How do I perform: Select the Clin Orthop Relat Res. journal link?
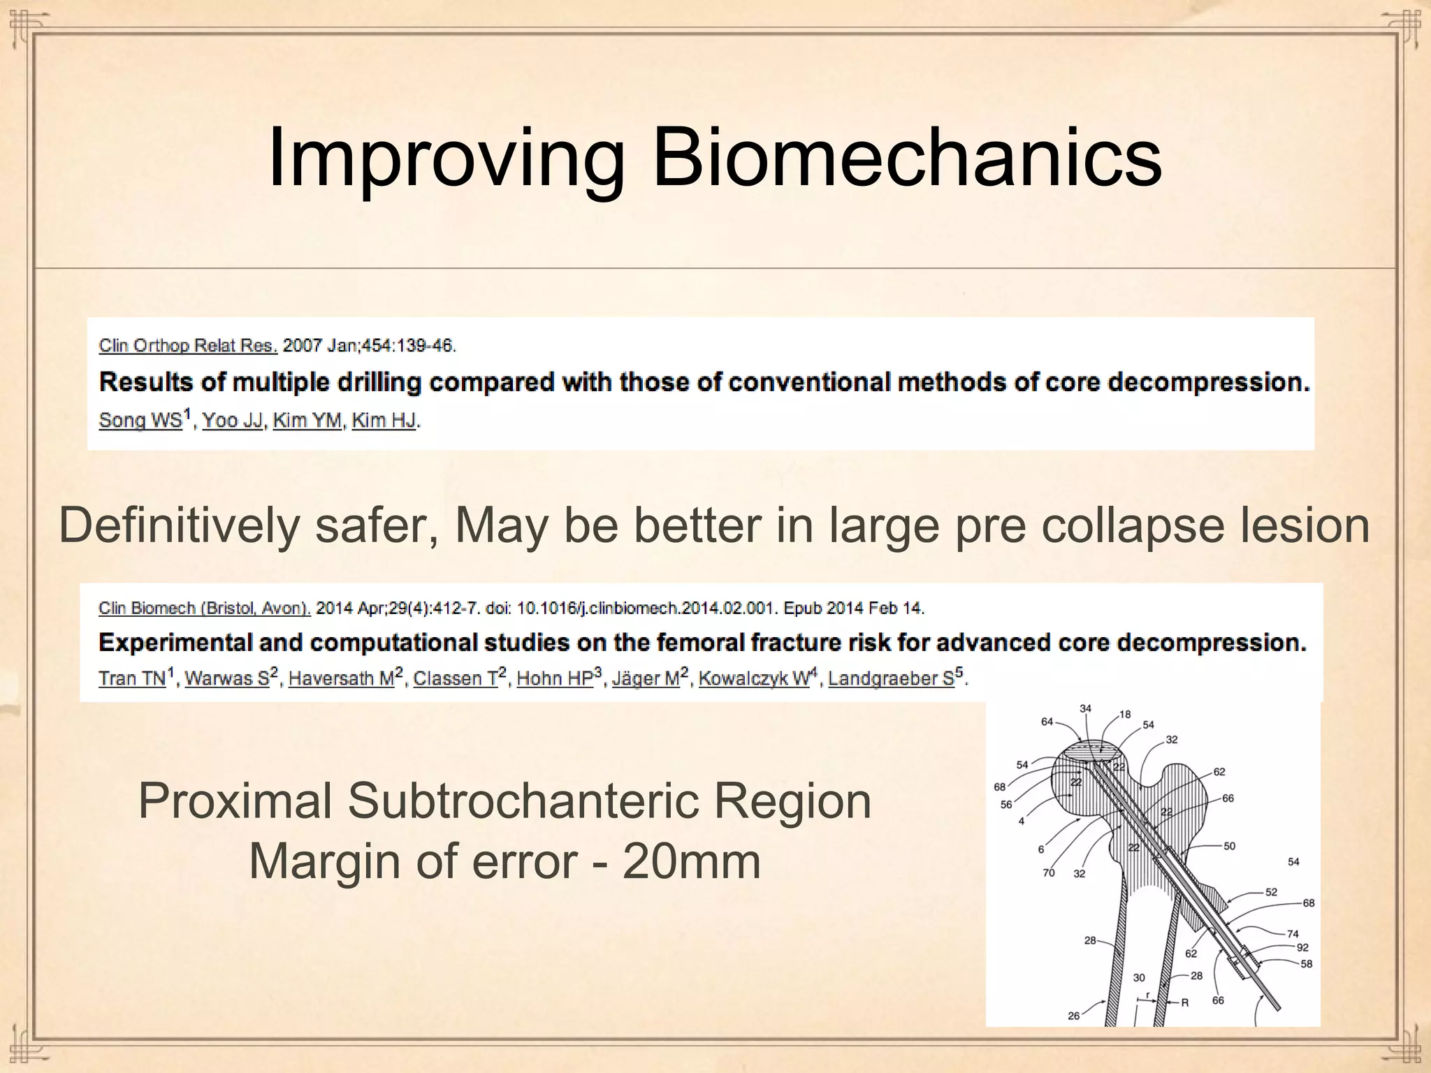[x=188, y=345]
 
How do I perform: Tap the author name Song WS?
[x=140, y=420]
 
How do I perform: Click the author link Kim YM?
[x=307, y=420]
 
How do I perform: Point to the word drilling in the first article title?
[x=379, y=382]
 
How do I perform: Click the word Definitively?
[x=179, y=525]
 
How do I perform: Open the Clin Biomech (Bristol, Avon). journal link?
[x=204, y=608]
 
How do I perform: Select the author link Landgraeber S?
[x=891, y=678]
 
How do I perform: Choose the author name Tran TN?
[x=132, y=678]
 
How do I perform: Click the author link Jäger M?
[x=646, y=678]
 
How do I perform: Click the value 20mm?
[x=691, y=861]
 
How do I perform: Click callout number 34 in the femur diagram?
[x=1085, y=708]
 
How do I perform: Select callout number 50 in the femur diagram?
[x=1229, y=846]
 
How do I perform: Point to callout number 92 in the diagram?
[x=1302, y=947]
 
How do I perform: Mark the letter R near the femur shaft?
[x=1185, y=1002]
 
